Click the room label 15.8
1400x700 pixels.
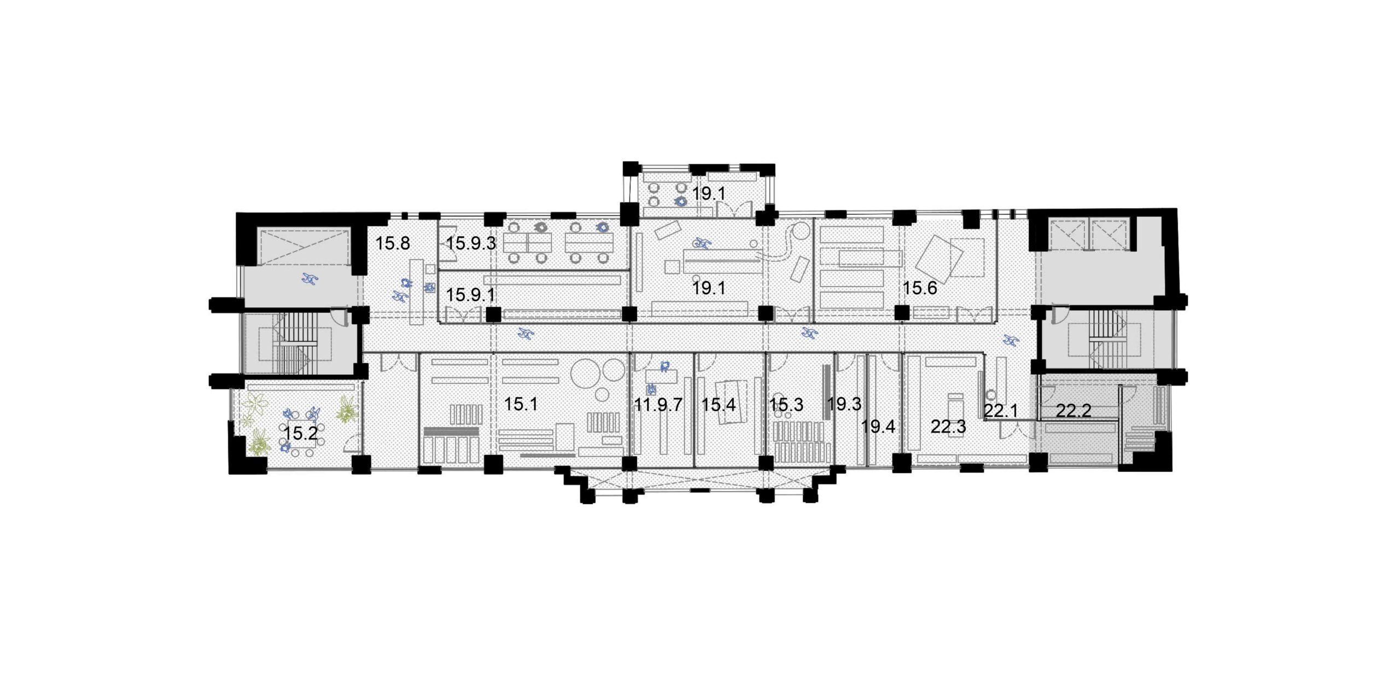pyautogui.click(x=392, y=243)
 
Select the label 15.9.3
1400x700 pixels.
pyautogui.click(x=471, y=243)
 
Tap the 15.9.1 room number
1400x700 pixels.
pyautogui.click(x=471, y=295)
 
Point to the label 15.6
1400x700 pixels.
pyautogui.click(x=919, y=288)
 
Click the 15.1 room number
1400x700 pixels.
pyautogui.click(x=521, y=404)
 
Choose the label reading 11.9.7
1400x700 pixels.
pyautogui.click(x=658, y=405)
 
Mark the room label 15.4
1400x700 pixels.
pyautogui.click(x=719, y=405)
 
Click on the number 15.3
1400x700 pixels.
pyautogui.click(x=786, y=405)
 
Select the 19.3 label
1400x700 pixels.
pyautogui.click(x=844, y=404)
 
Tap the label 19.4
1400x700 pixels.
pyautogui.click(x=878, y=427)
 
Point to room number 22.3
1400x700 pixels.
pyautogui.click(x=948, y=427)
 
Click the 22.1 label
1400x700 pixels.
pyautogui.click(x=1001, y=411)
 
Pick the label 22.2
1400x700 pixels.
pyautogui.click(x=1073, y=411)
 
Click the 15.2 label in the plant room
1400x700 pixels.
pyautogui.click(x=301, y=434)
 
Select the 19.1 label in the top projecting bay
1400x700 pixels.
pyautogui.click(x=709, y=193)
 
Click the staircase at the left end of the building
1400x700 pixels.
pyautogui.click(x=295, y=345)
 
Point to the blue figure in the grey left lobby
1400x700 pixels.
pyautogui.click(x=310, y=279)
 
